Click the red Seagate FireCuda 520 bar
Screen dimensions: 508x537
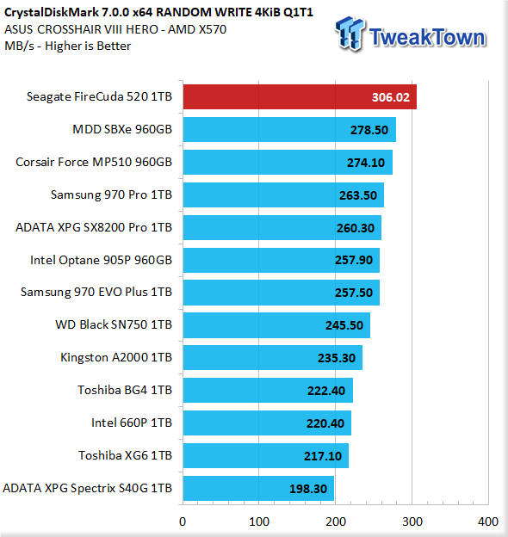point(300,97)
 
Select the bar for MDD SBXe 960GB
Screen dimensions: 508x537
point(289,129)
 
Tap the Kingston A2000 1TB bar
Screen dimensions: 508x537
point(273,357)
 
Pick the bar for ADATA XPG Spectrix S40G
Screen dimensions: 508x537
point(258,488)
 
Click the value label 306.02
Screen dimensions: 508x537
point(391,97)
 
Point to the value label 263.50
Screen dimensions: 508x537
point(358,195)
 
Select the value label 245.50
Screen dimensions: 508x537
point(344,325)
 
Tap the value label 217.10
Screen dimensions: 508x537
point(323,456)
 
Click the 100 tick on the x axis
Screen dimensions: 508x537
point(259,522)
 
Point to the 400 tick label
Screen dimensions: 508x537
point(488,522)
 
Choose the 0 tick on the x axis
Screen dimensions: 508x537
point(183,522)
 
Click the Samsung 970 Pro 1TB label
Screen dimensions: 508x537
point(111,194)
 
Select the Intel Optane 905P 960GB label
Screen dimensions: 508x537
point(101,260)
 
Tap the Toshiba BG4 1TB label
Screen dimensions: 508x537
point(125,390)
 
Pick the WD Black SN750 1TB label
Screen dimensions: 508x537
point(114,324)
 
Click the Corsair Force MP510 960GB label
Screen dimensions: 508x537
point(94,162)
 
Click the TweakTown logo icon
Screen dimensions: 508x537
point(350,34)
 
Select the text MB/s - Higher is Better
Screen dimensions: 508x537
point(67,46)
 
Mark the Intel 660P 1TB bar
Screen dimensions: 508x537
point(267,423)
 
